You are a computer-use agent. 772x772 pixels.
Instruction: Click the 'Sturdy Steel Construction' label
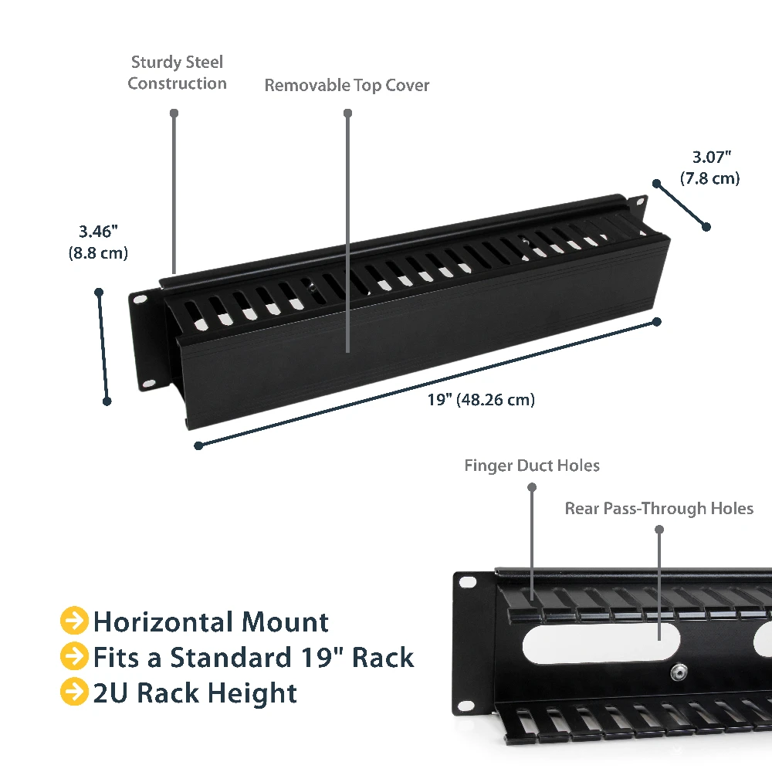[x=178, y=73]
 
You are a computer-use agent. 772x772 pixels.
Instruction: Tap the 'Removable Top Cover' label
[x=347, y=85]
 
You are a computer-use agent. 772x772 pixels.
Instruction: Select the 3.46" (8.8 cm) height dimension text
[x=99, y=242]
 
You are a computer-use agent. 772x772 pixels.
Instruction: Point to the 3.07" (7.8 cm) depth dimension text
[x=710, y=168]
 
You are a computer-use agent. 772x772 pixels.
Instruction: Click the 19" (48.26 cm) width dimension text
[x=481, y=399]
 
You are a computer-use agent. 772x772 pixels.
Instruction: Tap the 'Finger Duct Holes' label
[x=532, y=466]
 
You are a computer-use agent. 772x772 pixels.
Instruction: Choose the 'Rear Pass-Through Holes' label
[x=659, y=508]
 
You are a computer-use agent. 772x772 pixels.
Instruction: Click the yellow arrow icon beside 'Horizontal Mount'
[x=74, y=621]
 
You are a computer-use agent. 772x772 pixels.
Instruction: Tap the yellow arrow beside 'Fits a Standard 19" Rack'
[x=74, y=655]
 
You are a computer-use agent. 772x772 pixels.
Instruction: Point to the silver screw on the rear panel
[x=679, y=672]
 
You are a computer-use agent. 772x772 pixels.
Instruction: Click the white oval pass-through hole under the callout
[x=601, y=643]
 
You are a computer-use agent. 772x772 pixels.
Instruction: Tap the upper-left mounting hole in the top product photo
[x=141, y=299]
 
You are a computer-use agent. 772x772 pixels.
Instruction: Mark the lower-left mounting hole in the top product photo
[x=149, y=383]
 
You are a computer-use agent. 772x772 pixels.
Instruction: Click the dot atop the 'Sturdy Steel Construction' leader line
[x=174, y=113]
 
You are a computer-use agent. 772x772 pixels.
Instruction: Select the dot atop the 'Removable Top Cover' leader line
[x=347, y=113]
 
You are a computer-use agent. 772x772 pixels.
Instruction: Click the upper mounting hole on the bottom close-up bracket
[x=467, y=582]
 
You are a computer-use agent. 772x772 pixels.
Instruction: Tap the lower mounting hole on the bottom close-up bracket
[x=466, y=707]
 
